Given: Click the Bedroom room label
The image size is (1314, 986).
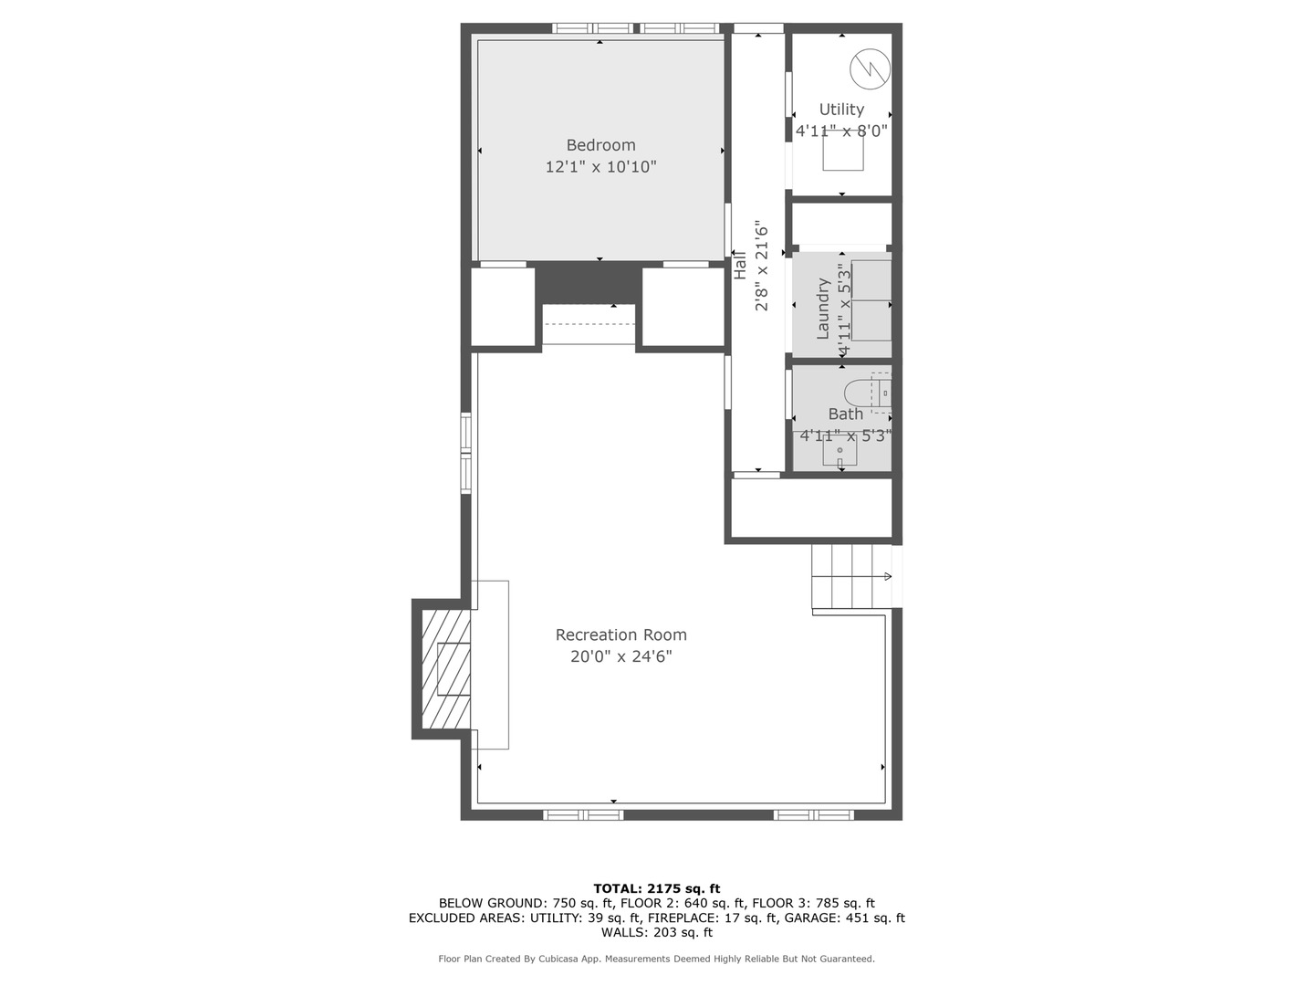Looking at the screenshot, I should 600,145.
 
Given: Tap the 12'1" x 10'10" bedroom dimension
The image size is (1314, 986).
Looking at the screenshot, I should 600,167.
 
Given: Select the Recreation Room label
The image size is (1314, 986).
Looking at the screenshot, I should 620,635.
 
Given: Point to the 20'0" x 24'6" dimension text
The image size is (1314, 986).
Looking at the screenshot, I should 620,656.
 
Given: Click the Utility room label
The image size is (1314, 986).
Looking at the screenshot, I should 841,110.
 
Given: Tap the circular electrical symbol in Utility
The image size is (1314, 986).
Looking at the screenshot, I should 869,68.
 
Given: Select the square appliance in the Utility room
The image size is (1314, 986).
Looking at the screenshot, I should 843,151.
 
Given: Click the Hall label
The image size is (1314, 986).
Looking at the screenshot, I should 740,266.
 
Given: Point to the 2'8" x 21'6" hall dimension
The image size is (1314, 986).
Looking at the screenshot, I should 762,266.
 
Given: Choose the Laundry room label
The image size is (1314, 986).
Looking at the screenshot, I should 823,309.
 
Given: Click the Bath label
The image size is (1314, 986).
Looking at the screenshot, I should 845,414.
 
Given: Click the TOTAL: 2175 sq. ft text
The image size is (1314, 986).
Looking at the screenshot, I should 656,888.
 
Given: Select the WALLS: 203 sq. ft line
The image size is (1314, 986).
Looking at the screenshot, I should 656,932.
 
